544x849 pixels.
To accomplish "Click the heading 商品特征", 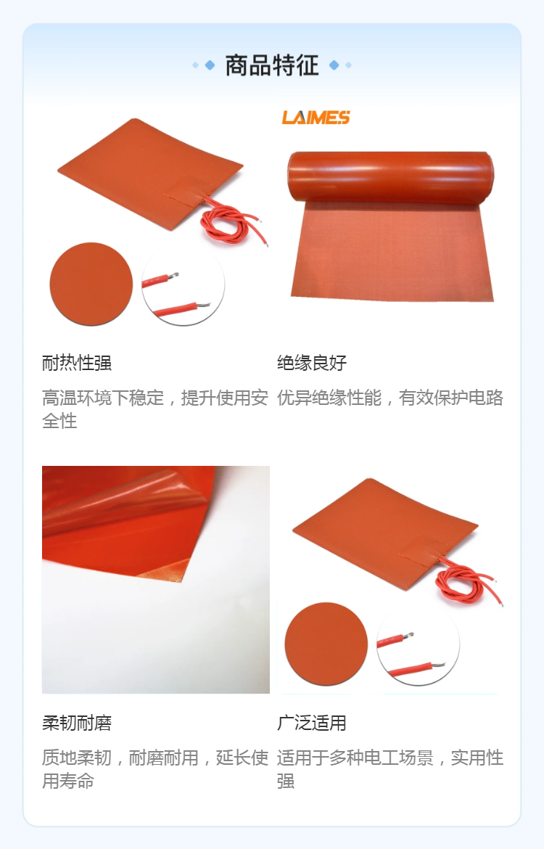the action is (272, 65).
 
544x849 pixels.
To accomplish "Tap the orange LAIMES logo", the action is (316, 117).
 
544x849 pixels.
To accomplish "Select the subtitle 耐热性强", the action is (77, 362).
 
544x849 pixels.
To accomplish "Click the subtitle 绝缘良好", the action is (312, 362).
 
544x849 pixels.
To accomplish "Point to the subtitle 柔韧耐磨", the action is (77, 722).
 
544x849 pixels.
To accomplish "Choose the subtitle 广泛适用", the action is (312, 722).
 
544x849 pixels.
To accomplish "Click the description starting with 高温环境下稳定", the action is (155, 409).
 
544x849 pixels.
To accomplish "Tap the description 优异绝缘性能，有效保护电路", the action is (390, 398).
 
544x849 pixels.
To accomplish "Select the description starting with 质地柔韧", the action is (155, 769).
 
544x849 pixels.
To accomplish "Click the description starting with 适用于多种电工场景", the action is (390, 769).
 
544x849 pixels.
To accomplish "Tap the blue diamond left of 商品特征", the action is (210, 65).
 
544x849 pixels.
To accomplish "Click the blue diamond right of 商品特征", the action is (334, 65).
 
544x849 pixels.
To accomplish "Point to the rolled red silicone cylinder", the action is (390, 177).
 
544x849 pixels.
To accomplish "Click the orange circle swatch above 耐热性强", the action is (91, 284).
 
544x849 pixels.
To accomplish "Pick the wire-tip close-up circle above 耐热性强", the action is (183, 285).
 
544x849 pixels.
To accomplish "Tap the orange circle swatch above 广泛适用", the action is (326, 644).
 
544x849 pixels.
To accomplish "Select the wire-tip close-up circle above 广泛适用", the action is (418, 645).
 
